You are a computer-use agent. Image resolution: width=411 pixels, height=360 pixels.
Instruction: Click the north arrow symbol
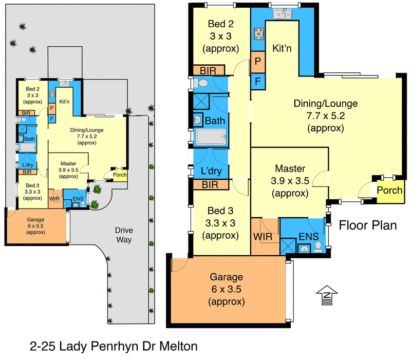click(327, 295)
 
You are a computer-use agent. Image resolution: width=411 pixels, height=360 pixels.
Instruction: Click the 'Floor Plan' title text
click(368, 225)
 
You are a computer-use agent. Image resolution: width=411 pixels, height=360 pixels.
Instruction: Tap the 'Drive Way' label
click(124, 235)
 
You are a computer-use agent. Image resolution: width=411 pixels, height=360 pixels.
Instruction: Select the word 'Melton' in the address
click(178, 346)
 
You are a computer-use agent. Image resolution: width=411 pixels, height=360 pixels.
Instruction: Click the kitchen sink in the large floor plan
click(282, 14)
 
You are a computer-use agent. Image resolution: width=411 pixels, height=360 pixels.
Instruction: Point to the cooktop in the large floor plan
click(259, 34)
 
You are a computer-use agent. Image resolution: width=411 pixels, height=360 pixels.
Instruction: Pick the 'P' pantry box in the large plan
click(258, 62)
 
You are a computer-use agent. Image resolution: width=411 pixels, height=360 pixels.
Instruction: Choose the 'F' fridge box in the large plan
click(258, 81)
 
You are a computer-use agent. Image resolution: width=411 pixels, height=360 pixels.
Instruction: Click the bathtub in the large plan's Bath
click(211, 137)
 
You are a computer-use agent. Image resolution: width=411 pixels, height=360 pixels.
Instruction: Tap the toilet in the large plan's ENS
click(318, 247)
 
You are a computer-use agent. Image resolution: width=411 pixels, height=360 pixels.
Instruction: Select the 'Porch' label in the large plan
click(389, 190)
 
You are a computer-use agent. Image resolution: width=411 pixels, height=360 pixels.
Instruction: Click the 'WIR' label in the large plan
click(263, 237)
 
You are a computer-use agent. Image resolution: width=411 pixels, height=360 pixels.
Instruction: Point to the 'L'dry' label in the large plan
click(211, 171)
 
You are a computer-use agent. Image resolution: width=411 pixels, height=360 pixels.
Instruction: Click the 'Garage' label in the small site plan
click(35, 220)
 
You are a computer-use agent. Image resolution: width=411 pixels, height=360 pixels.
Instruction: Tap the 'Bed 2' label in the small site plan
click(32, 89)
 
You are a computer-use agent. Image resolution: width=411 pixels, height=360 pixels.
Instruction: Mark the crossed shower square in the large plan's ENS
click(288, 246)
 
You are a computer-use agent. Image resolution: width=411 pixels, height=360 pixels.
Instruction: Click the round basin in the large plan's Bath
click(197, 120)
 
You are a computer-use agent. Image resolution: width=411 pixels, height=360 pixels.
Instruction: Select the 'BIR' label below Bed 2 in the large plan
click(208, 70)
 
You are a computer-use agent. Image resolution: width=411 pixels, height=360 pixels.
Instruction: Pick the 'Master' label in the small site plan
click(68, 163)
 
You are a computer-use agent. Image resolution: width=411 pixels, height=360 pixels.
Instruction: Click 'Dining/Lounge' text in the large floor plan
click(326, 104)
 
